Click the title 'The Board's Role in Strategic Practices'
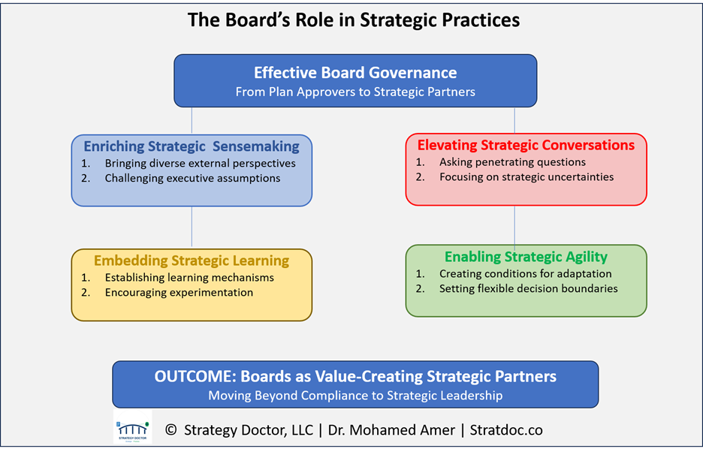pos(354,20)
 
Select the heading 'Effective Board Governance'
pos(355,73)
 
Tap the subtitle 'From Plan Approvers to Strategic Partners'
pos(355,92)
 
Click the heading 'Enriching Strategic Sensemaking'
pos(192,146)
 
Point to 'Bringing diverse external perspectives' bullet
pos(200,164)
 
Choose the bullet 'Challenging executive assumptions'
pos(192,179)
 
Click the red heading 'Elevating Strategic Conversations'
pos(526,145)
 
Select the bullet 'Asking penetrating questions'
pos(512,162)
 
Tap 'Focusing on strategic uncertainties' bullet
pos(526,177)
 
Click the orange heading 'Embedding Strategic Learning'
pos(192,261)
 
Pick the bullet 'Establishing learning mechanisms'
pos(189,278)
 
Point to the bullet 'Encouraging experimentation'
pos(179,293)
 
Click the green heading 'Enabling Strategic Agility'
pos(526,257)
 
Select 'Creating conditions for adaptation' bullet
pos(526,274)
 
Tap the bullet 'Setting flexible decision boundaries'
pos(529,288)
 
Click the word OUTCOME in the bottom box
pos(195,376)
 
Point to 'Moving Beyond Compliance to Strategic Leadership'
pos(355,396)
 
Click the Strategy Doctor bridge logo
pos(133,426)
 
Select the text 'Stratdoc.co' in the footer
pos(506,430)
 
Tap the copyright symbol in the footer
pos(170,430)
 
